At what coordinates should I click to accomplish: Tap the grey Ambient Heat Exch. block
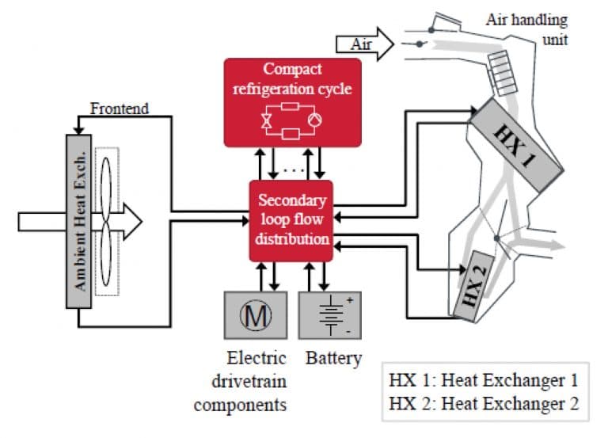tap(78, 223)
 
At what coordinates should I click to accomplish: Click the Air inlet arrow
tap(364, 44)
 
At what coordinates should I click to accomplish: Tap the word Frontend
tap(119, 108)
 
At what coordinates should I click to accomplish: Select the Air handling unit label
tap(526, 29)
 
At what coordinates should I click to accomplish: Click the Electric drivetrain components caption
tap(240, 381)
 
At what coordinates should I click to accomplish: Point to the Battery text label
tap(332, 358)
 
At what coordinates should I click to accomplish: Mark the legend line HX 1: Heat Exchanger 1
tap(483, 379)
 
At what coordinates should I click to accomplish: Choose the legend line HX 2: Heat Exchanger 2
tap(483, 403)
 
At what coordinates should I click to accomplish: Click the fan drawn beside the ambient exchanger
tap(108, 223)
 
